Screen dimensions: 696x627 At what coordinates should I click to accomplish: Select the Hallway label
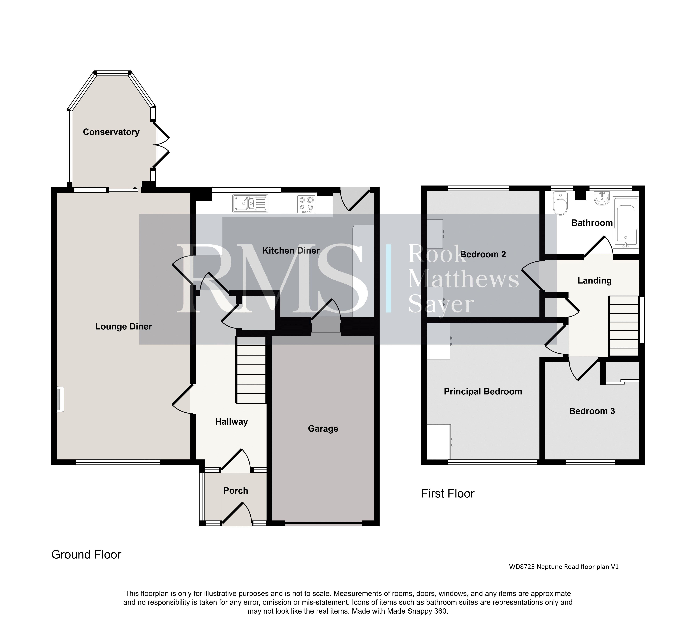tap(231, 422)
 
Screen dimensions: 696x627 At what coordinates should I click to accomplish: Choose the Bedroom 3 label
tap(592, 411)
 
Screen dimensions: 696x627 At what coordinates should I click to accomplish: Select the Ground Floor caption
tap(86, 555)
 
